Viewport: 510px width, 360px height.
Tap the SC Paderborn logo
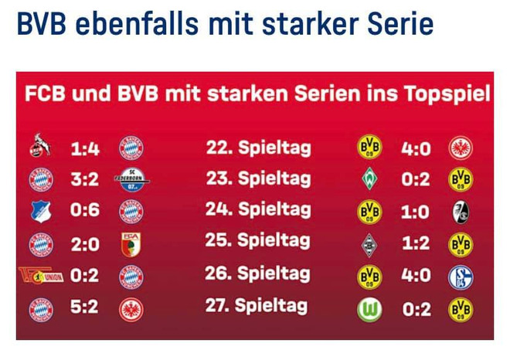coord(133,181)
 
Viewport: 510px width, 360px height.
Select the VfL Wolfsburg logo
coord(369,311)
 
